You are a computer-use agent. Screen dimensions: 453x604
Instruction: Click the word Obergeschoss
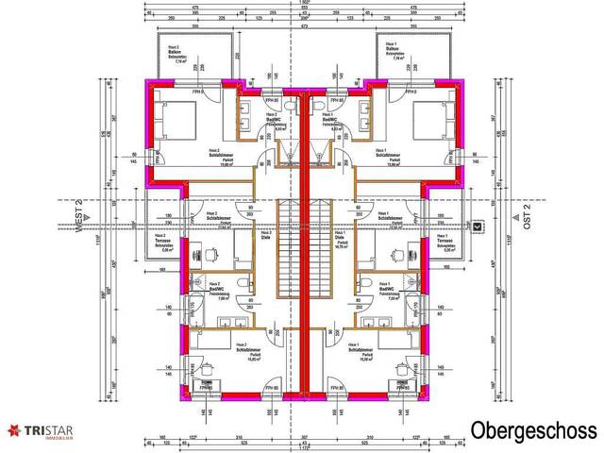(x=534, y=430)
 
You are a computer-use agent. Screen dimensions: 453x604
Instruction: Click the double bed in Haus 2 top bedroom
(x=177, y=120)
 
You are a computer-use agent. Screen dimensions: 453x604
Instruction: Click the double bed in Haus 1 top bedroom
(x=433, y=120)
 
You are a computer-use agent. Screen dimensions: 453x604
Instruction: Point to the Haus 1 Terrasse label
(x=446, y=245)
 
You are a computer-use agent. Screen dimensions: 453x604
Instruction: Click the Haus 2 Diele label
(x=266, y=236)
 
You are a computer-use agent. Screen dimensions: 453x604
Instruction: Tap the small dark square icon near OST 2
(x=478, y=226)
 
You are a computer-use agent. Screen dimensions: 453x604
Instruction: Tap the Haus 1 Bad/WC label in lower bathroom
(x=385, y=289)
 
